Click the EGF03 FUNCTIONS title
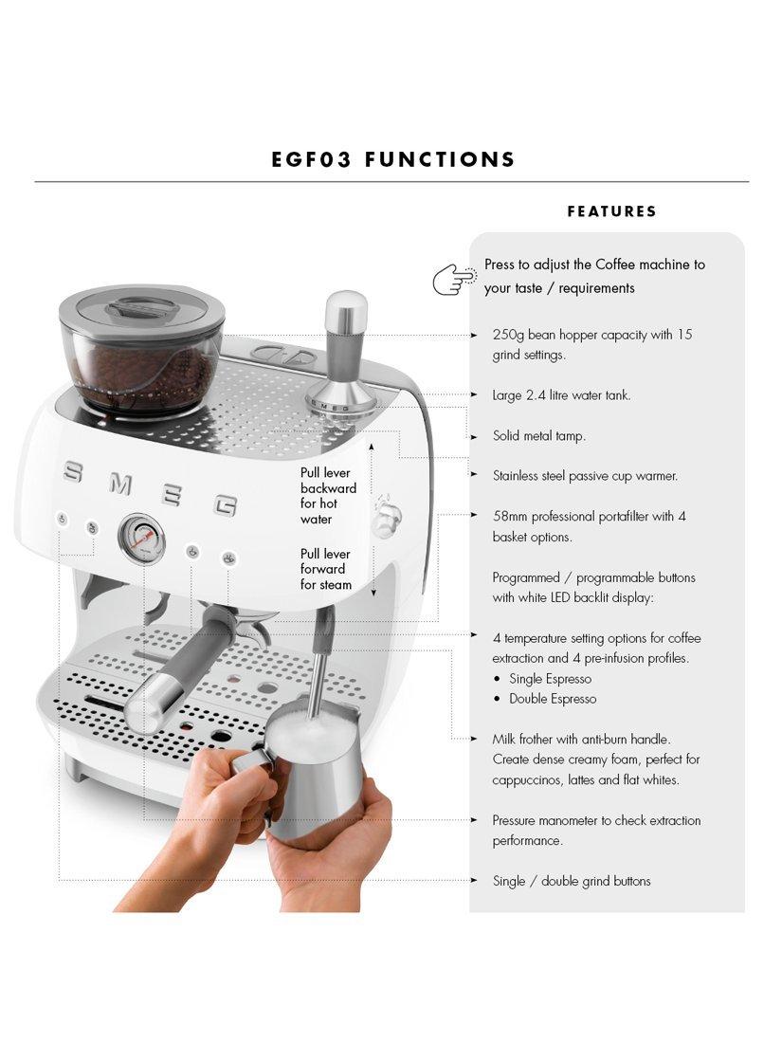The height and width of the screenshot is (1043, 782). click(x=393, y=159)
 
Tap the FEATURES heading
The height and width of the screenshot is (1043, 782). click(x=611, y=211)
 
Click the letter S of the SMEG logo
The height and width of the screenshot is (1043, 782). click(x=72, y=473)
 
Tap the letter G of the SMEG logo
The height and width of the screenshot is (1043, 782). click(x=226, y=504)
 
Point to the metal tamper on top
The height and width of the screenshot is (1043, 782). click(x=344, y=357)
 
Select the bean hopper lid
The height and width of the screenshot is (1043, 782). click(x=141, y=314)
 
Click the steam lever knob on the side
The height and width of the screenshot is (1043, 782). click(x=386, y=517)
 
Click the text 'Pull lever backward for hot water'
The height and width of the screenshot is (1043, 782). click(x=328, y=496)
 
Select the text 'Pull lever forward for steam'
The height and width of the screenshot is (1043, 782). click(x=325, y=570)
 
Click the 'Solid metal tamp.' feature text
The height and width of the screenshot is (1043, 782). click(x=538, y=436)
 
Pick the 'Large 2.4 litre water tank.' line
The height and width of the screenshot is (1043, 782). click(x=561, y=395)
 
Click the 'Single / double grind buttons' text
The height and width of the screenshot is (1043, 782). click(x=572, y=882)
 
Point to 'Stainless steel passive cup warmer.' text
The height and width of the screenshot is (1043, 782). click(x=585, y=476)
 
